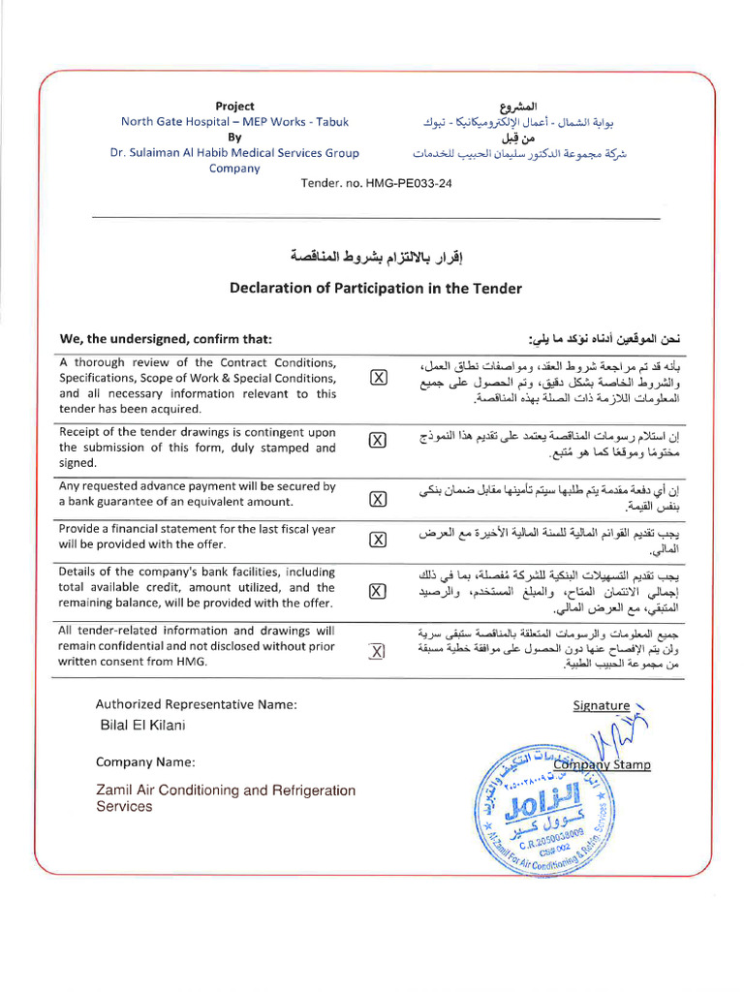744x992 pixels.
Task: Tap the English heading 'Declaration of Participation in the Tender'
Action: (376, 288)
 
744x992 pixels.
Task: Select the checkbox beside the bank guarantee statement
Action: (378, 499)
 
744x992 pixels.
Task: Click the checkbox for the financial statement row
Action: (378, 540)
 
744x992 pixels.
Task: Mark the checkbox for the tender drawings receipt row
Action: (378, 440)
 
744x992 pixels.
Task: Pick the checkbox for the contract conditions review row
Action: (378, 378)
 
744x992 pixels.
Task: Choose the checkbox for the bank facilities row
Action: (378, 590)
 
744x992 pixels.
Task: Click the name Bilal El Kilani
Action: (142, 725)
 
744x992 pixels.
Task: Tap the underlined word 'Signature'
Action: (602, 705)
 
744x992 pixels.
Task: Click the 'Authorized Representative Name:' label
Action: (196, 704)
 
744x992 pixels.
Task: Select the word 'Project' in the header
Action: (234, 106)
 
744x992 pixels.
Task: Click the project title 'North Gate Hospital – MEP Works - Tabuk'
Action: (234, 121)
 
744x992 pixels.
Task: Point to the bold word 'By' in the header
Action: (234, 137)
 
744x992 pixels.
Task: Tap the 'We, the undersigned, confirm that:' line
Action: (167, 338)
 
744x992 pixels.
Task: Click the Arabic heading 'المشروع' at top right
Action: (517, 106)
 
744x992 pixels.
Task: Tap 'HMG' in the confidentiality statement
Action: (193, 662)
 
